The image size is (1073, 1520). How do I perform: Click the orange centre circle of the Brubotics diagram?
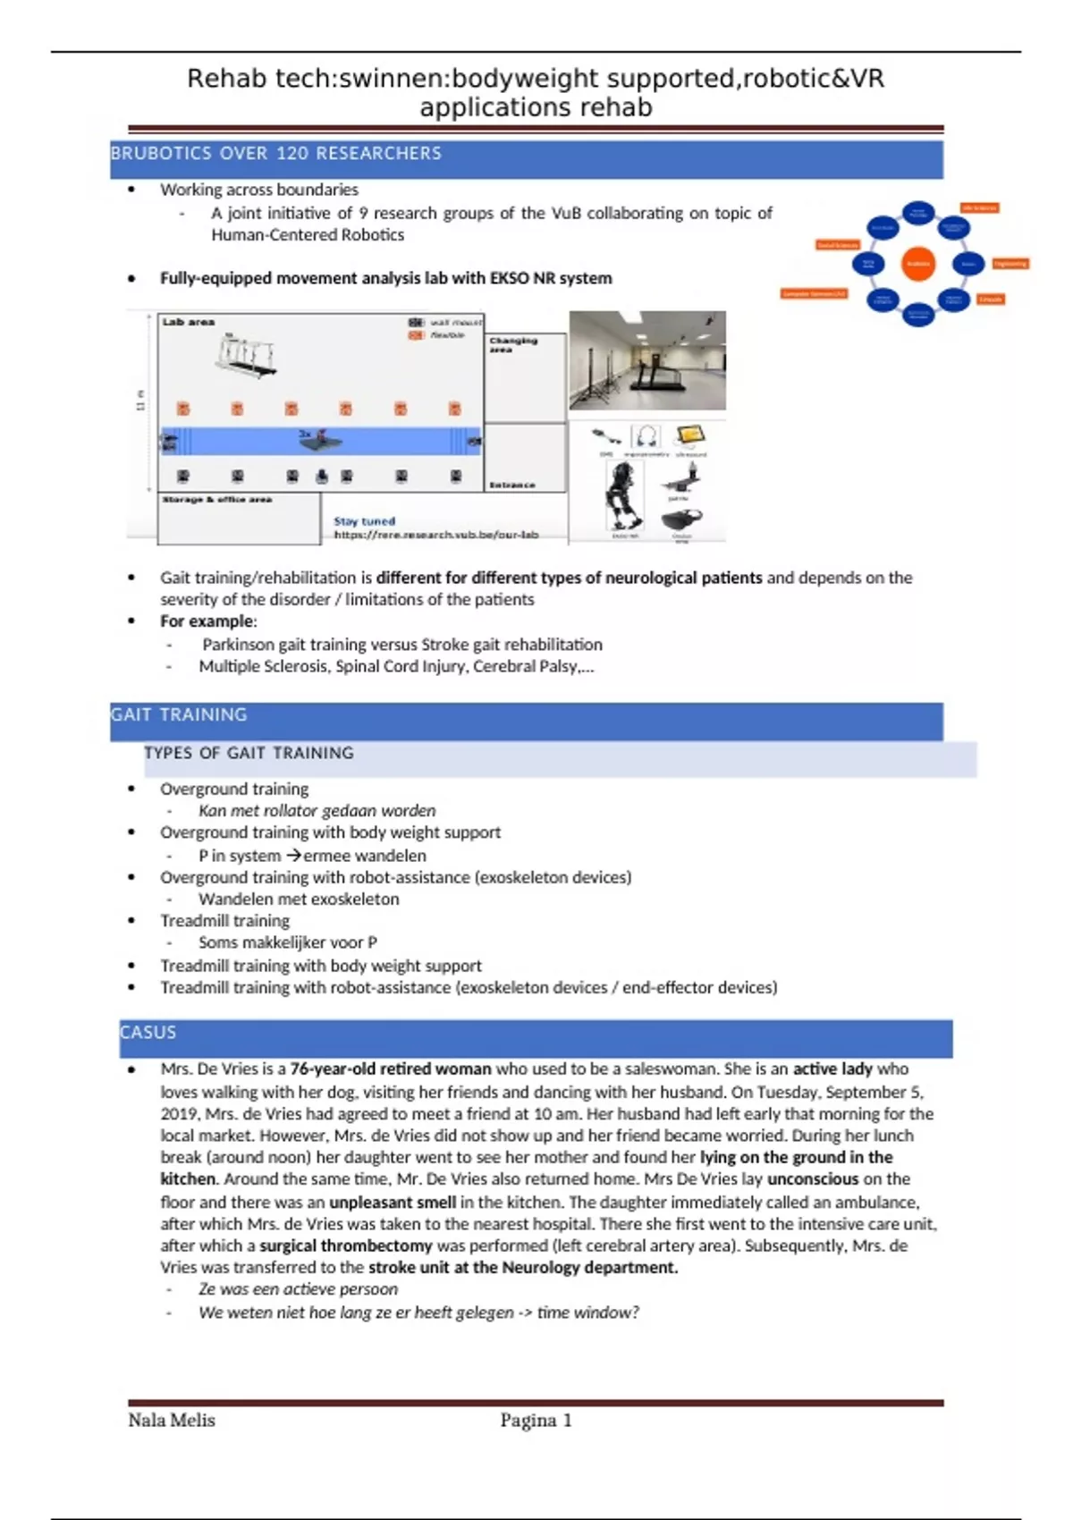click(918, 264)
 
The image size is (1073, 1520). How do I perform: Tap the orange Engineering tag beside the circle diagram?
click(1010, 264)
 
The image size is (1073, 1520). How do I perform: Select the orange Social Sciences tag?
click(838, 245)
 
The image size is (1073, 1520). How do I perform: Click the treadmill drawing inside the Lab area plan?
click(245, 356)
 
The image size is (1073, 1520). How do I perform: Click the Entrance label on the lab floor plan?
click(512, 485)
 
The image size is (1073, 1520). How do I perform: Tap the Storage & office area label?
click(217, 500)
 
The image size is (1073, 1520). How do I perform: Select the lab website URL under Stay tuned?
click(436, 535)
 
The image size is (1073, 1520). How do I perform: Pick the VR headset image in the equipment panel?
click(682, 519)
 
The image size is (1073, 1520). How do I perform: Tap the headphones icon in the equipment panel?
click(646, 436)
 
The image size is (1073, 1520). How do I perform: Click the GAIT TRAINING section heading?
click(179, 715)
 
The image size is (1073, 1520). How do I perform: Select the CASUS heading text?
click(148, 1033)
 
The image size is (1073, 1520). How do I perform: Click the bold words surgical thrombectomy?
click(346, 1246)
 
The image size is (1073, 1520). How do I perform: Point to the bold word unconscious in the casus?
click(812, 1179)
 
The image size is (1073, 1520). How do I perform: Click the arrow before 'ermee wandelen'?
click(293, 856)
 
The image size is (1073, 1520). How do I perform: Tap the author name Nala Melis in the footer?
click(172, 1421)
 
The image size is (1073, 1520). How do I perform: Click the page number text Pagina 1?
click(536, 1421)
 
